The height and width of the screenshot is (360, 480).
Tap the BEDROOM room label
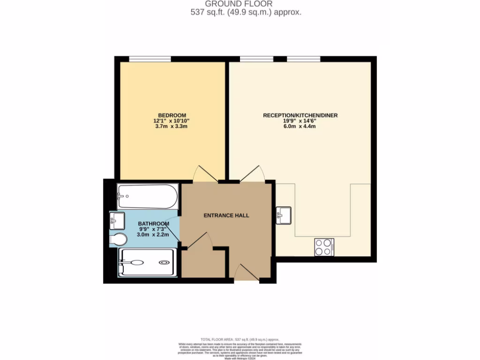tap(172, 115)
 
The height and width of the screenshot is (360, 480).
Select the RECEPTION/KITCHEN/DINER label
tap(300, 115)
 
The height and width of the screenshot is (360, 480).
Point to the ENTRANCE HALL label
tap(226, 216)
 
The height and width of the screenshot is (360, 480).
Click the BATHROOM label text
tap(153, 224)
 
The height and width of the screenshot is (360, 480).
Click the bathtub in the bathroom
tap(148, 197)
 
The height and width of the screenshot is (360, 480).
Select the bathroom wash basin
tap(117, 219)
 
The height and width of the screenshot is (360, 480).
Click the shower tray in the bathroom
tap(148, 262)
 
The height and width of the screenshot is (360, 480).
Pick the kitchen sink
tap(283, 215)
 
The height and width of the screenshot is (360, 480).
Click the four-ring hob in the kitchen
tap(323, 247)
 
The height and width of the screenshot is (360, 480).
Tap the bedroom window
tap(150, 59)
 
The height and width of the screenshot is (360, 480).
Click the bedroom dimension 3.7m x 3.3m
tap(172, 127)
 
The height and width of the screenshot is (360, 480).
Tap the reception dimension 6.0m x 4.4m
tap(300, 127)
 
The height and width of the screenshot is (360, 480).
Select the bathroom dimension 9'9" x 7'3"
tap(153, 229)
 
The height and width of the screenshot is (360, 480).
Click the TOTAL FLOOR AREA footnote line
tap(240, 339)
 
